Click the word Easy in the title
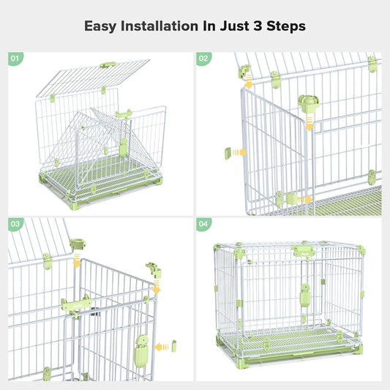click(101, 26)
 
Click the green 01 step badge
click(15, 58)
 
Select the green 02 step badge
click(203, 58)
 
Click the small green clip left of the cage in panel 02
click(228, 152)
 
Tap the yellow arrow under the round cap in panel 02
click(309, 126)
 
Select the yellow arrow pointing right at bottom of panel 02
click(303, 199)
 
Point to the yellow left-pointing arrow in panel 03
click(168, 344)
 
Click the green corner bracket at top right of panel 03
click(154, 269)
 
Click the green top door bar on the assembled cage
click(304, 253)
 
